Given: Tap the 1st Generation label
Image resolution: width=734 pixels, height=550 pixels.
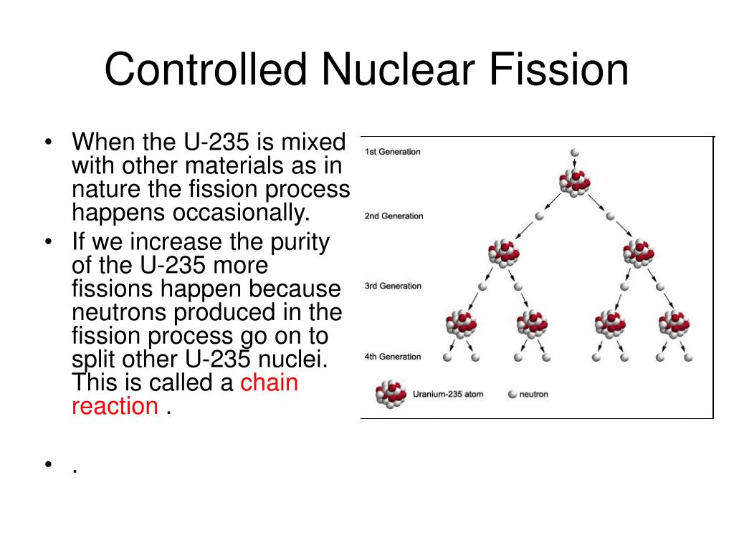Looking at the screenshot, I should point(393,152).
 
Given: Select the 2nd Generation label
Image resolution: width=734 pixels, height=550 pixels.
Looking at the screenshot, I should point(394,216).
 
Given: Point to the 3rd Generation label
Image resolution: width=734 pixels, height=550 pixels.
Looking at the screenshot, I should point(394,286).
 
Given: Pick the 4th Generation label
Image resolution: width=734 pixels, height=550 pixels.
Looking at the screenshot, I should point(394,357).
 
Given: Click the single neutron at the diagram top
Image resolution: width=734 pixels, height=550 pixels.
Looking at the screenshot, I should point(574,153).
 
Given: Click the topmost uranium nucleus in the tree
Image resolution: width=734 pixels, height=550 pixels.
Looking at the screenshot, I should point(575,182).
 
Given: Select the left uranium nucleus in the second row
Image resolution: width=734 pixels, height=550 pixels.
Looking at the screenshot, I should point(504,253).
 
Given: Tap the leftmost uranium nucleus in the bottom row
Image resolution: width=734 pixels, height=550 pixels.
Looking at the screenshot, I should point(461,324).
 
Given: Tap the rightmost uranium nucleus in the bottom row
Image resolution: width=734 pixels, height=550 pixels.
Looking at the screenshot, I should point(675,324).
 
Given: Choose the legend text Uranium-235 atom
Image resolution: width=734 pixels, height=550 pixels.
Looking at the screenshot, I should point(448,395).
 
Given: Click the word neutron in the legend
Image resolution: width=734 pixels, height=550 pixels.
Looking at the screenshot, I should point(533,395).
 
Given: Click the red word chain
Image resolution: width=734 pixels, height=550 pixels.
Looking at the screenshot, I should point(269,382).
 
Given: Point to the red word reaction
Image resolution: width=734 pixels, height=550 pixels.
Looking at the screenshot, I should point(115,406).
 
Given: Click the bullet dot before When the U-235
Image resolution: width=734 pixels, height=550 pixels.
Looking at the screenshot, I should point(48,143).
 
